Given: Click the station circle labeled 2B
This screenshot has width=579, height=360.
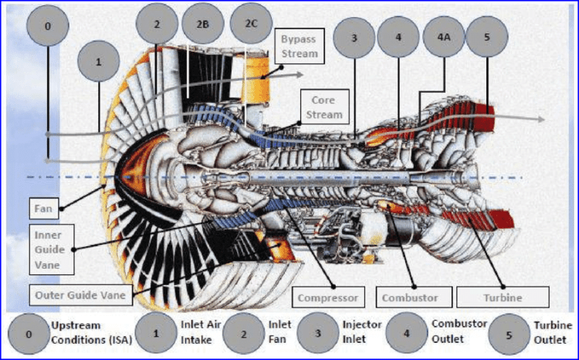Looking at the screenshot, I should pyautogui.click(x=203, y=23).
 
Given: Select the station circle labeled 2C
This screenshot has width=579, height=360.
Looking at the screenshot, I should pyautogui.click(x=251, y=23).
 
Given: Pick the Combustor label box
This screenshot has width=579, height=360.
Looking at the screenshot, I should pyautogui.click(x=409, y=297).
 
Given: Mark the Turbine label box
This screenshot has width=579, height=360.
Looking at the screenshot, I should pyautogui.click(x=503, y=297).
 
